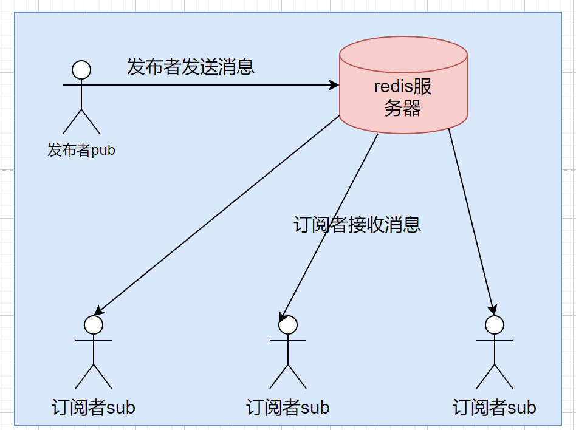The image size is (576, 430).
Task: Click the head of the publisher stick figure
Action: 81,70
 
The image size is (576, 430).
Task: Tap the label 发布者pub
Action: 81,150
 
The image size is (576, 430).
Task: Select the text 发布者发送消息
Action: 190,66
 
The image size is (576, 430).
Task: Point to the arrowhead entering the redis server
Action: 334,86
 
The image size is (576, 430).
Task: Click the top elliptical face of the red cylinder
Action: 403,55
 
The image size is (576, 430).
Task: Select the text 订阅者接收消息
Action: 357,225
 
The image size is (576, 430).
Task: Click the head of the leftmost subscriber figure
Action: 94,325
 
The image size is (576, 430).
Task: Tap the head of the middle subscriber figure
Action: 288,325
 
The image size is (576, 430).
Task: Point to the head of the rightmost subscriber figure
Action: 495,325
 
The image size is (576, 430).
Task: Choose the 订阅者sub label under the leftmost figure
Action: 94,407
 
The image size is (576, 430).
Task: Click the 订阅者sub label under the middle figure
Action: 288,407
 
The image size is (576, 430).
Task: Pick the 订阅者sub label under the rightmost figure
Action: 495,407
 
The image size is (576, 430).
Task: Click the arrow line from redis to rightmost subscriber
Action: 472,219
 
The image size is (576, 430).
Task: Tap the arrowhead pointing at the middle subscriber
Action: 283,318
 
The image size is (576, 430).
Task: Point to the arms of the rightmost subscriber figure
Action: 495,341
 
